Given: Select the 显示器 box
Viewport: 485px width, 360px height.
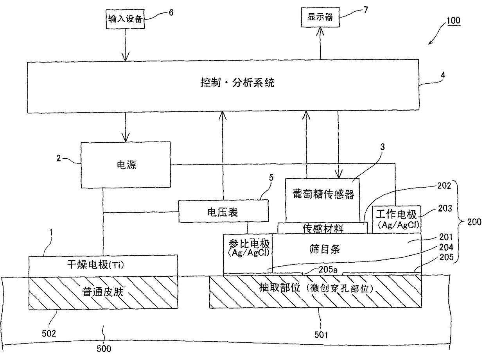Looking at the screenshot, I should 319,17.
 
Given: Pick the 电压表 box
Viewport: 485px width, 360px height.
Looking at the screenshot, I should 223,212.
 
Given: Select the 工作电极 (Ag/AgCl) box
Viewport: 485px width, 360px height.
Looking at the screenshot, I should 396,219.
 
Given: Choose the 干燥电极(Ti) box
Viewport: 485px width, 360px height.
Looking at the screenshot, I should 102,266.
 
